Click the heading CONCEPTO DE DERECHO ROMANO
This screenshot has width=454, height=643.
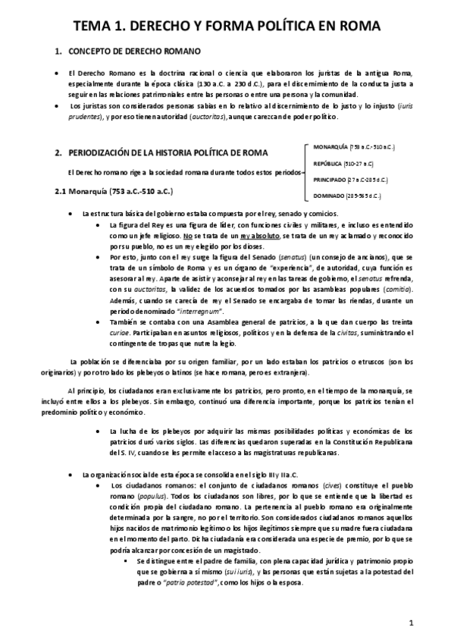point(134,52)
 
